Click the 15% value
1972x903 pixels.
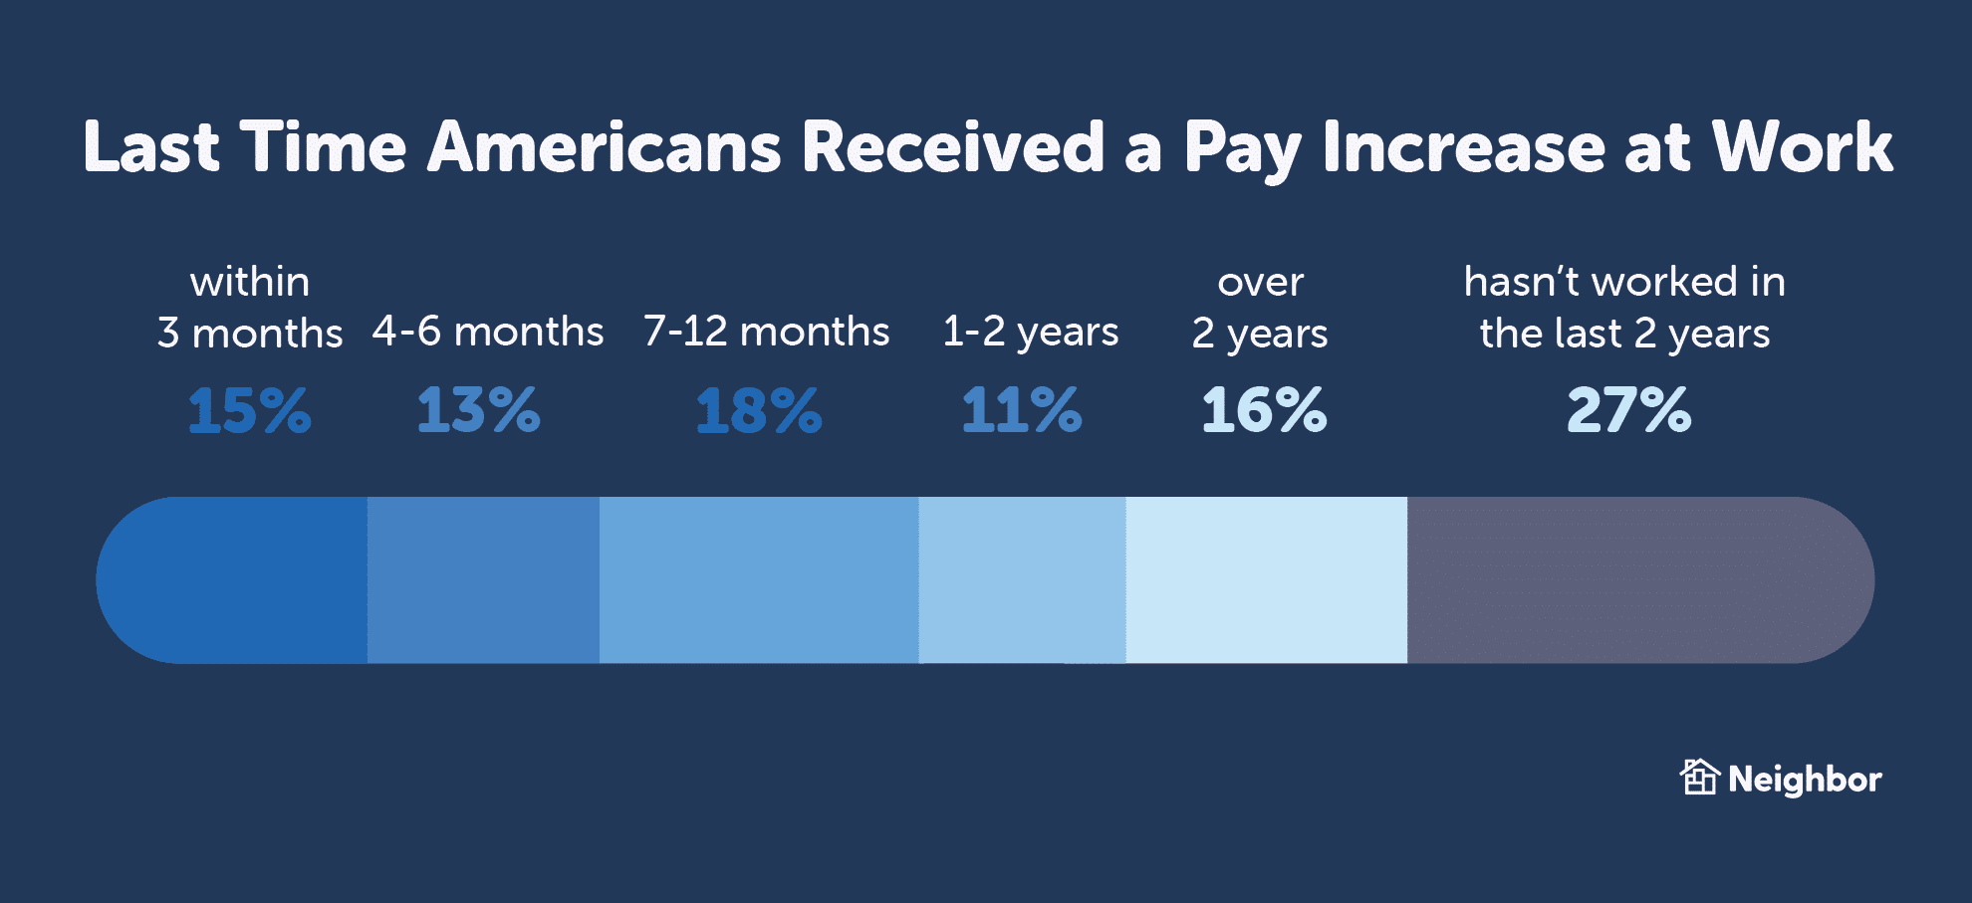(x=249, y=410)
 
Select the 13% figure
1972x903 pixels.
(x=478, y=410)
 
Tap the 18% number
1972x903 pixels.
(x=759, y=410)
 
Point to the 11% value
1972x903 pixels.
(x=1022, y=410)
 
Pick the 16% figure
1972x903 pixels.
(x=1264, y=410)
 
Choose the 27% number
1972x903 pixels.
(x=1628, y=410)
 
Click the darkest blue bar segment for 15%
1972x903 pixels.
(x=239, y=580)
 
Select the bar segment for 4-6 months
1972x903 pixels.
(x=483, y=580)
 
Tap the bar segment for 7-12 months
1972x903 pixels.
(x=759, y=580)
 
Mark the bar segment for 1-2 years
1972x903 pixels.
(x=1022, y=580)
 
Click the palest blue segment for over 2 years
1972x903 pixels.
(x=1266, y=580)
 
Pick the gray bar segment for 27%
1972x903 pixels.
(x=1633, y=580)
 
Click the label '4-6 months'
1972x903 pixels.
(x=488, y=332)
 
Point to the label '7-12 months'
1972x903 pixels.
(x=766, y=332)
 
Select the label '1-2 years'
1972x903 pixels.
(x=1031, y=332)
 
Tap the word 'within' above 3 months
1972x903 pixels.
(x=250, y=282)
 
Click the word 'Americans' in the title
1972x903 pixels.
(x=605, y=147)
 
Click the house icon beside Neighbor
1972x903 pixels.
(x=1699, y=778)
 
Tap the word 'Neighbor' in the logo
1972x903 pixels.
(x=1805, y=780)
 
